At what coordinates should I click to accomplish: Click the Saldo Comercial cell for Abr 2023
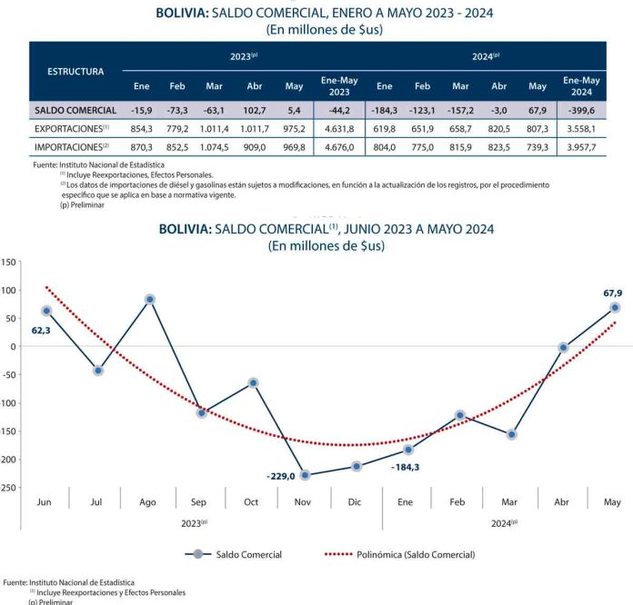tap(254, 110)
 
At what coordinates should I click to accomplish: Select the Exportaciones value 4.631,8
tap(339, 128)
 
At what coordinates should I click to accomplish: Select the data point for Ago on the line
tap(149, 299)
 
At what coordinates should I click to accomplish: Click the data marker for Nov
tap(305, 475)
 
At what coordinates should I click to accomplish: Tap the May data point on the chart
tap(615, 308)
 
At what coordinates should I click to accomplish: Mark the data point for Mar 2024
tap(512, 434)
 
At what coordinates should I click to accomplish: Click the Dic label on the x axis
tap(357, 501)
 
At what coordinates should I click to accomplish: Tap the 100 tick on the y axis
tap(9, 290)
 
